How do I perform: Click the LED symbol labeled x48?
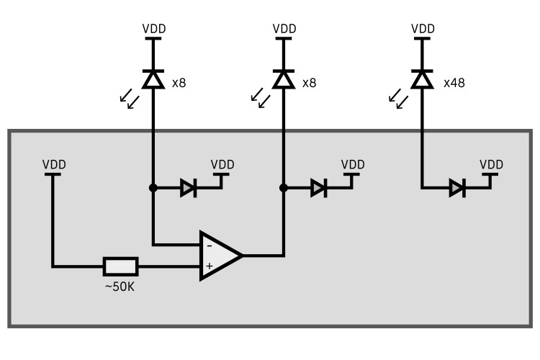[x=422, y=78]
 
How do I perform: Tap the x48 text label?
[x=454, y=83]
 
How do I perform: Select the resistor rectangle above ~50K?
[x=120, y=266]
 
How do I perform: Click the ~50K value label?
[x=120, y=287]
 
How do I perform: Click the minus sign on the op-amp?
[x=209, y=246]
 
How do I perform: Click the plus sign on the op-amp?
[x=209, y=266]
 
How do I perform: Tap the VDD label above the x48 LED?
[x=422, y=29]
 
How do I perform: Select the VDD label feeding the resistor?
[x=54, y=164]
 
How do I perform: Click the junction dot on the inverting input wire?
[x=153, y=189]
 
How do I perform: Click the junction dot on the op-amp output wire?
[x=284, y=189]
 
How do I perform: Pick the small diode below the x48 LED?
[x=457, y=189]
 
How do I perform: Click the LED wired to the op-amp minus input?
[x=153, y=78]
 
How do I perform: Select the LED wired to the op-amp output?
[x=284, y=78]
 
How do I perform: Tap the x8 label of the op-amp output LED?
[x=310, y=83]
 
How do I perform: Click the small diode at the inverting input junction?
[x=188, y=189]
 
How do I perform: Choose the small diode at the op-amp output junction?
[x=318, y=189]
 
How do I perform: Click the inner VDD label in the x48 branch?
[x=492, y=164]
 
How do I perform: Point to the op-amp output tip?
[x=241, y=255]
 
